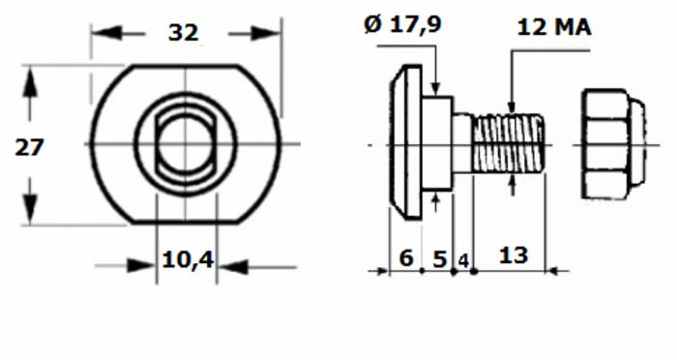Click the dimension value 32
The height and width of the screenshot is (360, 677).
[x=183, y=33]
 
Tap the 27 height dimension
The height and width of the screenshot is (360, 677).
[x=29, y=147]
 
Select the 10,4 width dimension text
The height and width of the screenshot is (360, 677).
[x=188, y=259]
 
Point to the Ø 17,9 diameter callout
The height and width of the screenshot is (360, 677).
[x=403, y=24]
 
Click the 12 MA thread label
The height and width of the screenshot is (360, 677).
[x=554, y=28]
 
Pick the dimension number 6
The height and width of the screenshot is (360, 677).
[x=406, y=258]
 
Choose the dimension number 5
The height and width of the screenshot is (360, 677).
[x=439, y=259]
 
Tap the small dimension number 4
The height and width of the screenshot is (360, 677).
[x=463, y=261]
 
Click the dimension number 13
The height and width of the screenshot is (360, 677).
[x=514, y=255]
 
